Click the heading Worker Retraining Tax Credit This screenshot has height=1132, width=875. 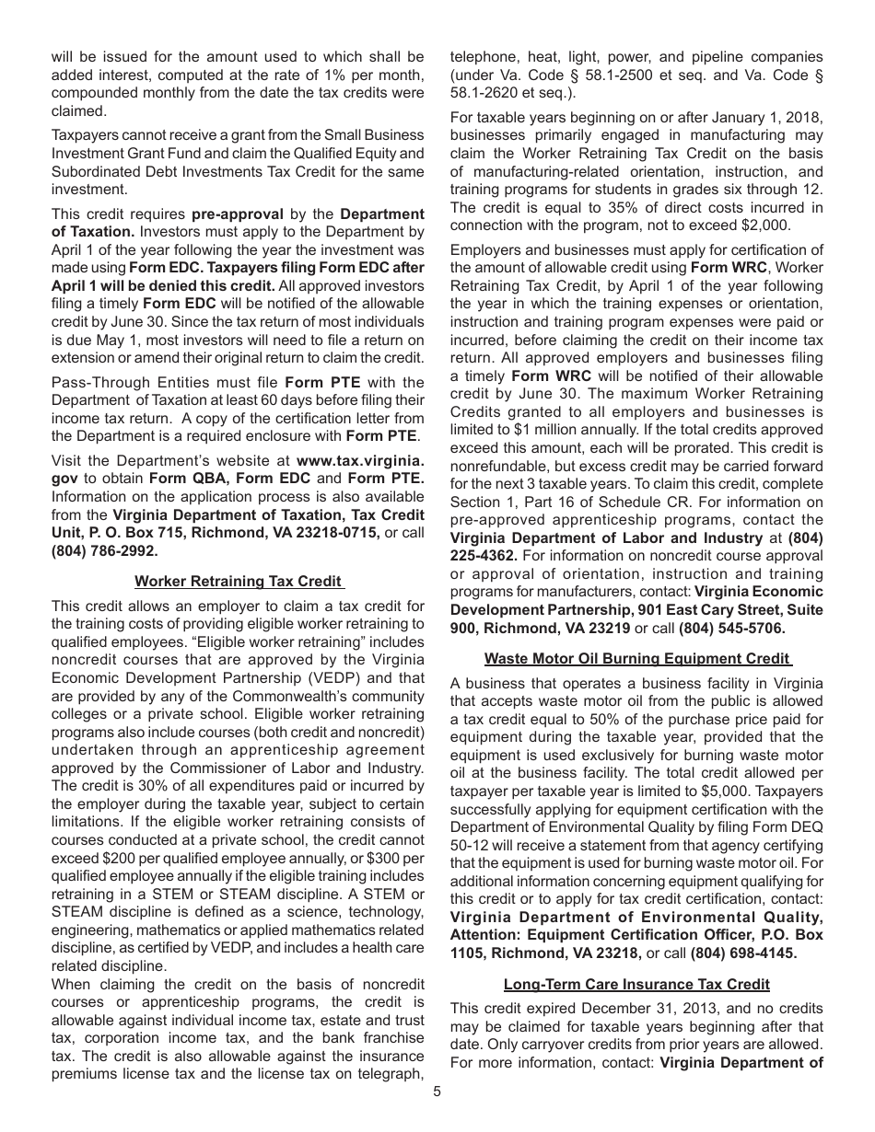pyautogui.click(x=239, y=581)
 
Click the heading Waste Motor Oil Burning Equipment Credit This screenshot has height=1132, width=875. pyautogui.click(x=637, y=658)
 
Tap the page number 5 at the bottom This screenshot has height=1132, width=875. pyautogui.click(x=437, y=1092)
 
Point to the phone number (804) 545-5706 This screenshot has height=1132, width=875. pyautogui.click(x=732, y=629)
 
